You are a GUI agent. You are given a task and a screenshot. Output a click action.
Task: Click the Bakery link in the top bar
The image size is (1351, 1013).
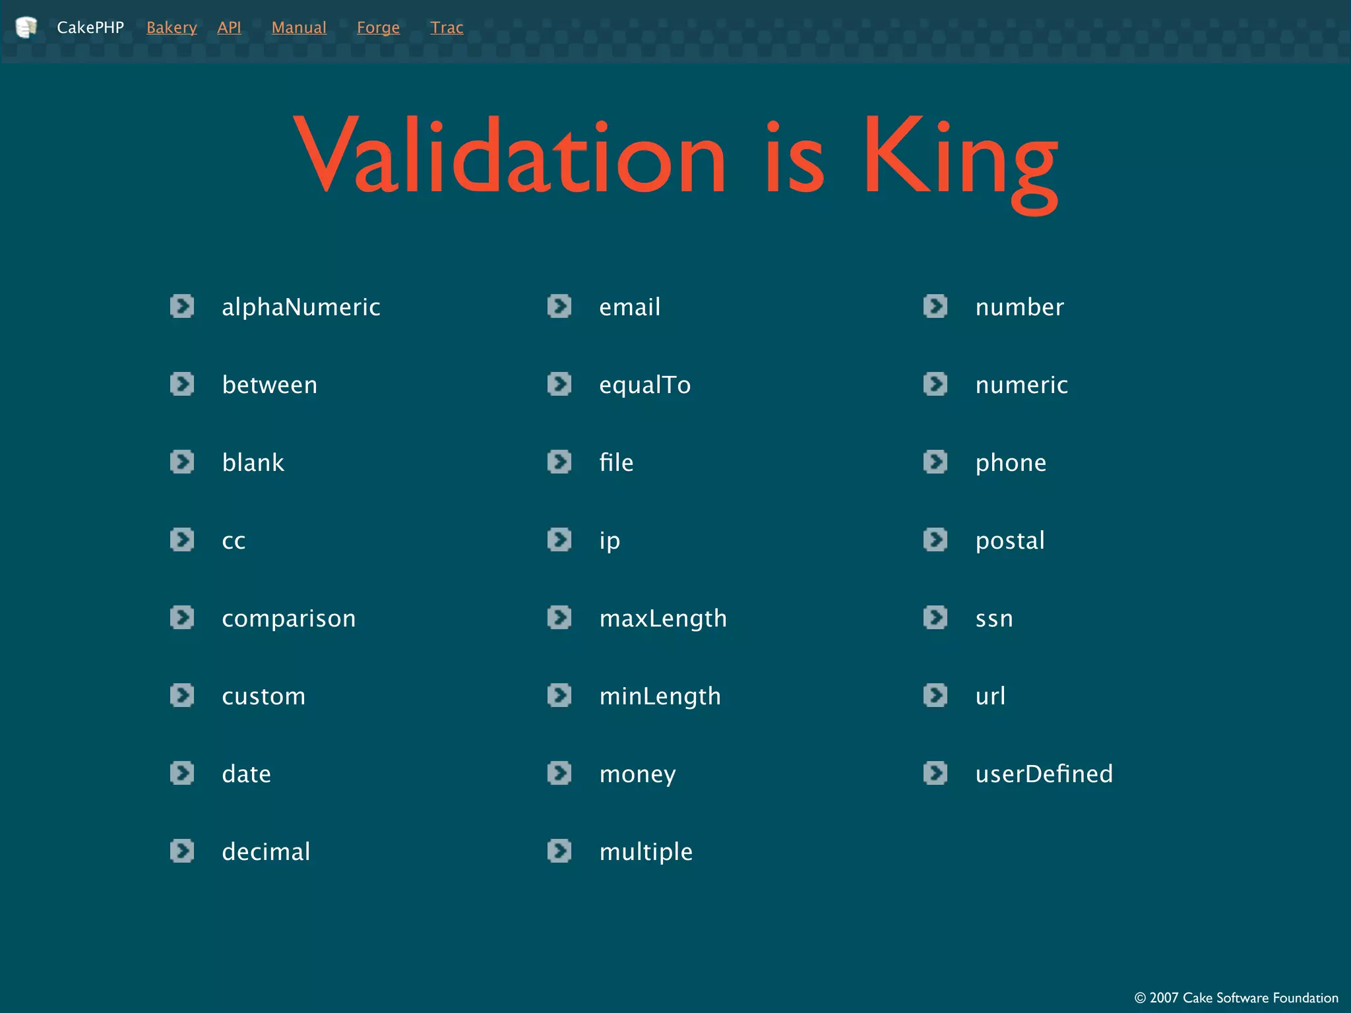172,28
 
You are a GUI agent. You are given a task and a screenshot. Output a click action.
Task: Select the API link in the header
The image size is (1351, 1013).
229,28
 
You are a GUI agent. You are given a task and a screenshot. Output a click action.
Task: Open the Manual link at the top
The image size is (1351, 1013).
299,28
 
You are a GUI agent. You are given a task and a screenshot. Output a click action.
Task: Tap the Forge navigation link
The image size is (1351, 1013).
378,28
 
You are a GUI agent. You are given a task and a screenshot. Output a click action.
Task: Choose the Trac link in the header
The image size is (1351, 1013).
447,28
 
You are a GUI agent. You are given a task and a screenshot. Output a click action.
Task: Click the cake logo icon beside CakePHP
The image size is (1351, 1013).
26,27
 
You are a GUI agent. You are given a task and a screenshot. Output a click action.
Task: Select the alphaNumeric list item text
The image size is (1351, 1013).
301,307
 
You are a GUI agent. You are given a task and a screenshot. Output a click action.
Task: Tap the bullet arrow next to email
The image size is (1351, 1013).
559,306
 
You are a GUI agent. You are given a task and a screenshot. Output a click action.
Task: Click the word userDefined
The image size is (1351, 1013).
1044,774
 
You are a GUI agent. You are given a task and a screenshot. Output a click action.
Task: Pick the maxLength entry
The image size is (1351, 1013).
663,619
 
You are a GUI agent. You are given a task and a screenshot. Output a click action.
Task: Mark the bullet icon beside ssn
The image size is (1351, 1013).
935,617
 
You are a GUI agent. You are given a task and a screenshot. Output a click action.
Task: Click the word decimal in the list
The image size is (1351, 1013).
266,851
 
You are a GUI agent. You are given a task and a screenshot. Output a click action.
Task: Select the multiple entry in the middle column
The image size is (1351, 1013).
646,851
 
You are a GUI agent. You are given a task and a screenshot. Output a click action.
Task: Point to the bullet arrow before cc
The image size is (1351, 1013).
182,539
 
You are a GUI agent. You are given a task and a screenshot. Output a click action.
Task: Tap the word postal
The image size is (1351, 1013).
1010,541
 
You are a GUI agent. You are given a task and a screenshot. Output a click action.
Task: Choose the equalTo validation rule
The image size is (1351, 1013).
644,385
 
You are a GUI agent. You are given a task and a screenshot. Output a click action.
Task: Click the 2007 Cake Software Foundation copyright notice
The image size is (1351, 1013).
1236,998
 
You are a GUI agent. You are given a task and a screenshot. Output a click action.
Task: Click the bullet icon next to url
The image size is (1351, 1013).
935,695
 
